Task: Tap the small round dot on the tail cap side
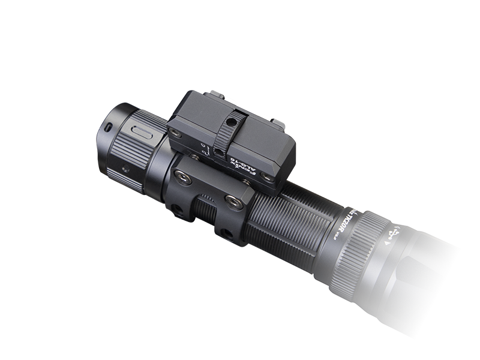click(x=125, y=169)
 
